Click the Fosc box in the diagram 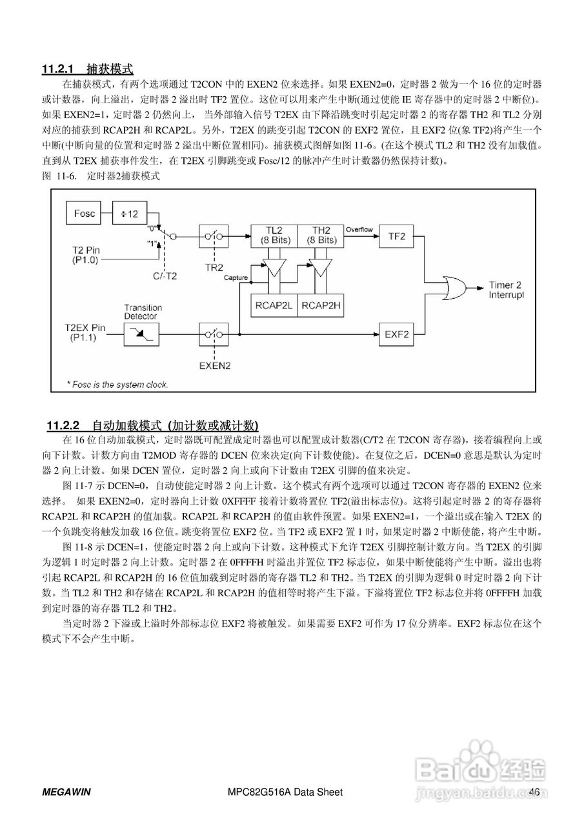point(85,214)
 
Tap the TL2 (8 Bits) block point(274,236)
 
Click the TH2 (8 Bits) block point(320,236)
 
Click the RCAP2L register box point(274,305)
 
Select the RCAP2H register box point(321,305)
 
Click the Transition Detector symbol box point(142,333)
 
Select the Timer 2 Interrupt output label point(509,290)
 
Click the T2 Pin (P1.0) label point(85,254)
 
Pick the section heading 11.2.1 point(88,69)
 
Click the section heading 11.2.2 point(152,426)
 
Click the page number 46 point(534,792)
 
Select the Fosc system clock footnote point(117,385)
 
